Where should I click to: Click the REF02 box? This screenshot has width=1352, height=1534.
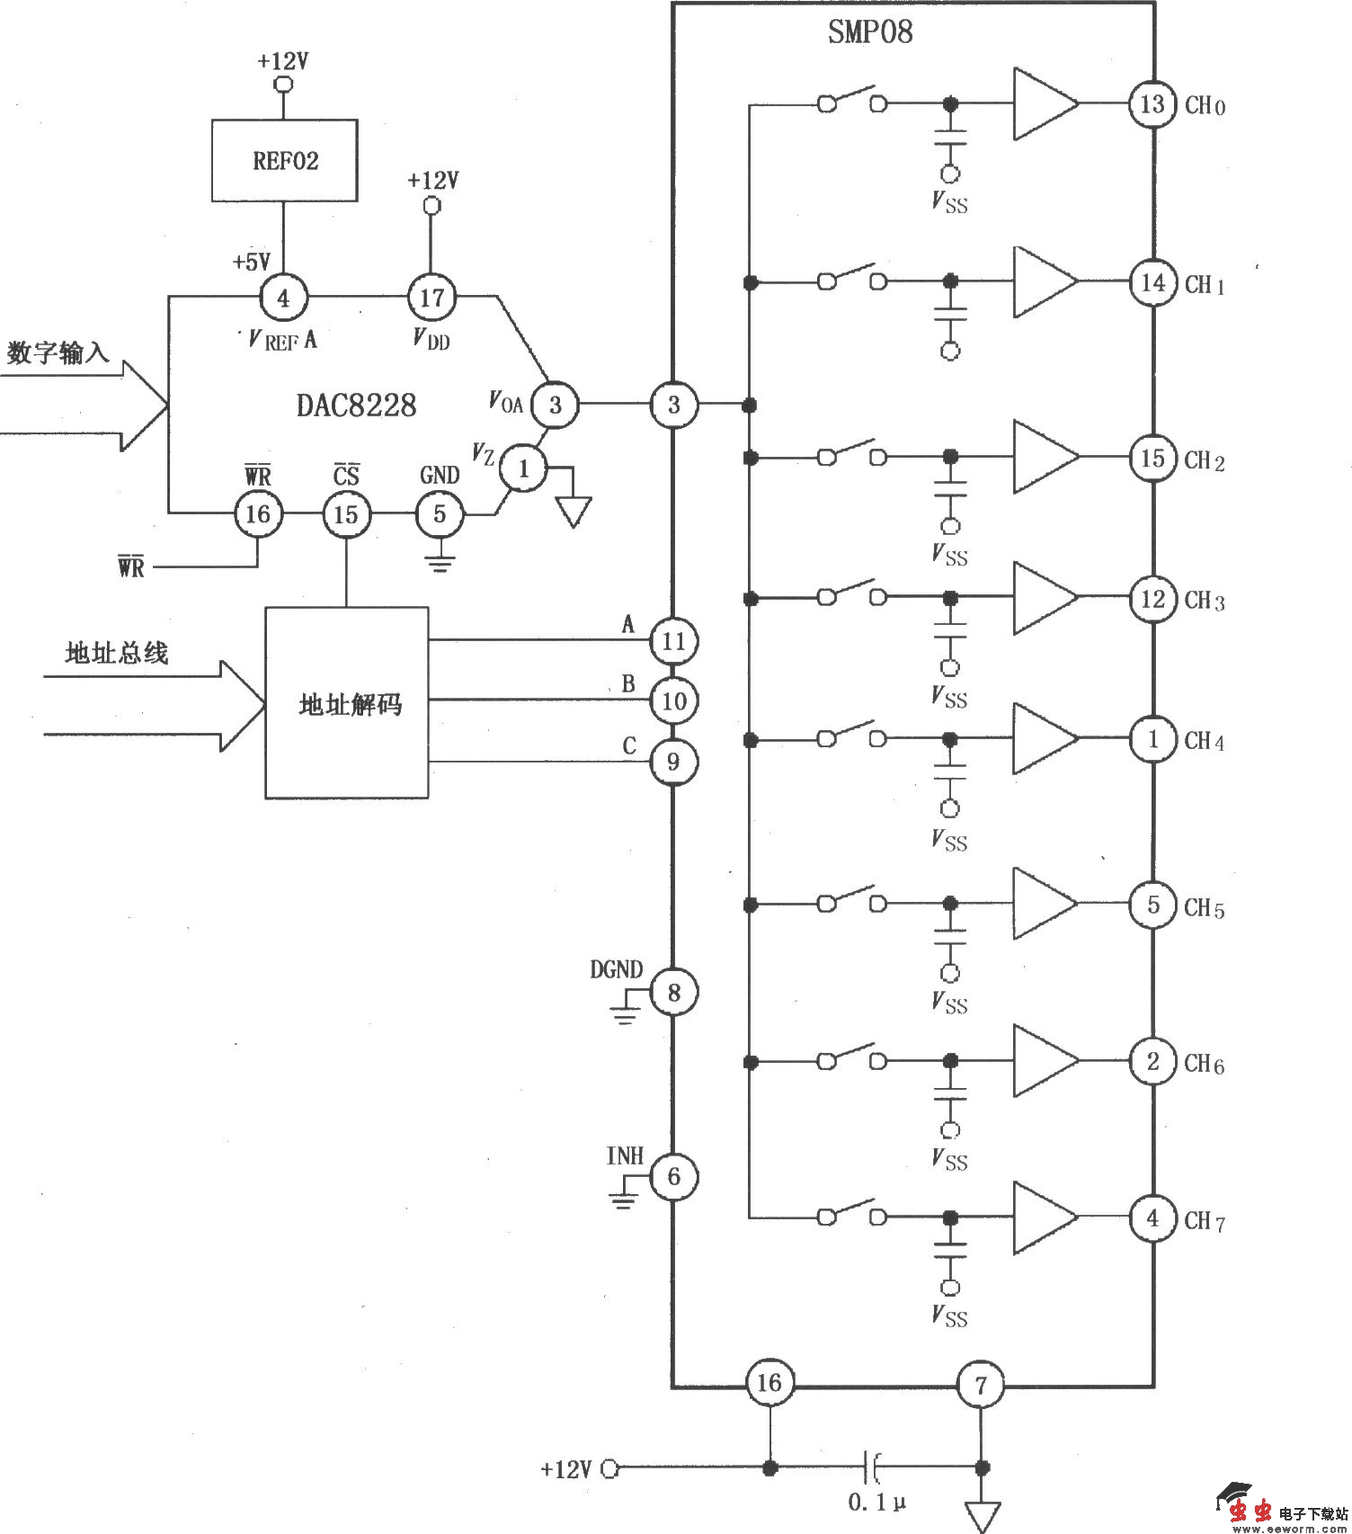click(284, 161)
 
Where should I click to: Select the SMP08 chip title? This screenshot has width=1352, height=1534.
click(869, 32)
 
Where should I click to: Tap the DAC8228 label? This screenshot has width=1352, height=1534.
click(357, 406)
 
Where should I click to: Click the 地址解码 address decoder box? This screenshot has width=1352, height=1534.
click(347, 703)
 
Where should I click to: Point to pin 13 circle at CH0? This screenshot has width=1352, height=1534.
click(1152, 104)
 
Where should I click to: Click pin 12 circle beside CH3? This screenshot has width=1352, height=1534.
click(1152, 600)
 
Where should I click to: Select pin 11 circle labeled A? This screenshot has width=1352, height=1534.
click(673, 641)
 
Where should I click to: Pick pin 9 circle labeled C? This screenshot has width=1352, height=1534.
click(673, 763)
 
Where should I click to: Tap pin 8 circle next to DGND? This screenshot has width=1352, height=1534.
click(673, 993)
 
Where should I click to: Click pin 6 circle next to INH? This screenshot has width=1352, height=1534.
click(673, 1176)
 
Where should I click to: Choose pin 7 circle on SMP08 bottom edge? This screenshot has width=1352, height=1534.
click(981, 1385)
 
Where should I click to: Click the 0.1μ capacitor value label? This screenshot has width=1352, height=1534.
click(876, 1503)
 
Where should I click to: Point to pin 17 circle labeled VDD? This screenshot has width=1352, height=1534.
click(432, 298)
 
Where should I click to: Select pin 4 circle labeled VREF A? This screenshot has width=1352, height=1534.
click(284, 298)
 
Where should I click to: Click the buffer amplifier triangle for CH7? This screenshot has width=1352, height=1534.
click(1043, 1217)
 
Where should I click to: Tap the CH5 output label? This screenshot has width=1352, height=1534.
click(1205, 908)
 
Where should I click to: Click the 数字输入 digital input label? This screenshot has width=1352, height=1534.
click(58, 353)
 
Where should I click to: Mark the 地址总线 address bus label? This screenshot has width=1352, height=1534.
click(117, 653)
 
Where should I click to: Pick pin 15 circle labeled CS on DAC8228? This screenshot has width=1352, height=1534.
click(346, 514)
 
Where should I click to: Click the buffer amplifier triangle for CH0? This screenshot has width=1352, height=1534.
click(1043, 103)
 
